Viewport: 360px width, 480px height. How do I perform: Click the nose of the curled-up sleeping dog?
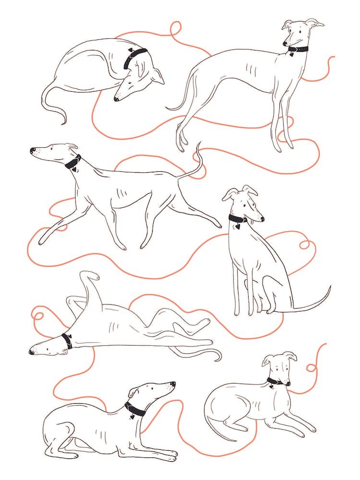pyautogui.click(x=116, y=99)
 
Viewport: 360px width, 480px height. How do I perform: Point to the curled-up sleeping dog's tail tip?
pyautogui.click(x=64, y=123)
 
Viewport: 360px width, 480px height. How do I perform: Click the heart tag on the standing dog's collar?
pyautogui.click(x=291, y=55)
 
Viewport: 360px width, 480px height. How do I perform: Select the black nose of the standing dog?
pyautogui.click(x=285, y=44)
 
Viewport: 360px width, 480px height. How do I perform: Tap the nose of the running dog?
pyautogui.click(x=32, y=150)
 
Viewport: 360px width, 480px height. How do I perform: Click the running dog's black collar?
pyautogui.click(x=73, y=162)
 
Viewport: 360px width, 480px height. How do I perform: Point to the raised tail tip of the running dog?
pyautogui.click(x=197, y=144)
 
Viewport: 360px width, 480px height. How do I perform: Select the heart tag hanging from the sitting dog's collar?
pyautogui.click(x=237, y=227)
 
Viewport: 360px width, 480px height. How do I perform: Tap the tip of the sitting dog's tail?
pyautogui.click(x=330, y=287)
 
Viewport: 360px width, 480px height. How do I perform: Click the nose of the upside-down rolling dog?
pyautogui.click(x=31, y=352)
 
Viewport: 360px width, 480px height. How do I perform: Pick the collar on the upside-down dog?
pyautogui.click(x=67, y=340)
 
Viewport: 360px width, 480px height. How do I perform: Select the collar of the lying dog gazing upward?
pyautogui.click(x=135, y=408)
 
